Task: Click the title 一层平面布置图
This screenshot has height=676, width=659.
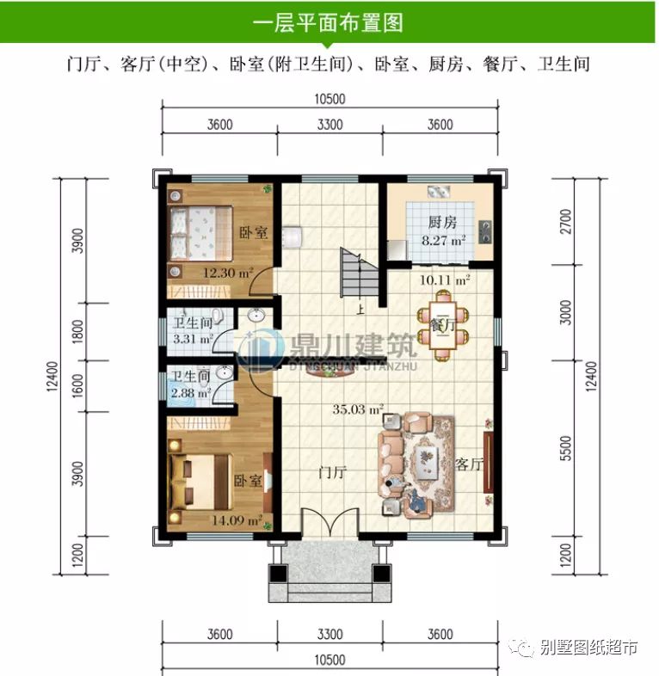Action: tap(329, 22)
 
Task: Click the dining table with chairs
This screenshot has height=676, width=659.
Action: tap(441, 321)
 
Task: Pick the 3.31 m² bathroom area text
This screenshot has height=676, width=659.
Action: tap(192, 339)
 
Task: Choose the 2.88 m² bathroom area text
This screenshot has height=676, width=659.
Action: tap(190, 392)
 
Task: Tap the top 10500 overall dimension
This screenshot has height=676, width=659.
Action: tap(329, 100)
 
